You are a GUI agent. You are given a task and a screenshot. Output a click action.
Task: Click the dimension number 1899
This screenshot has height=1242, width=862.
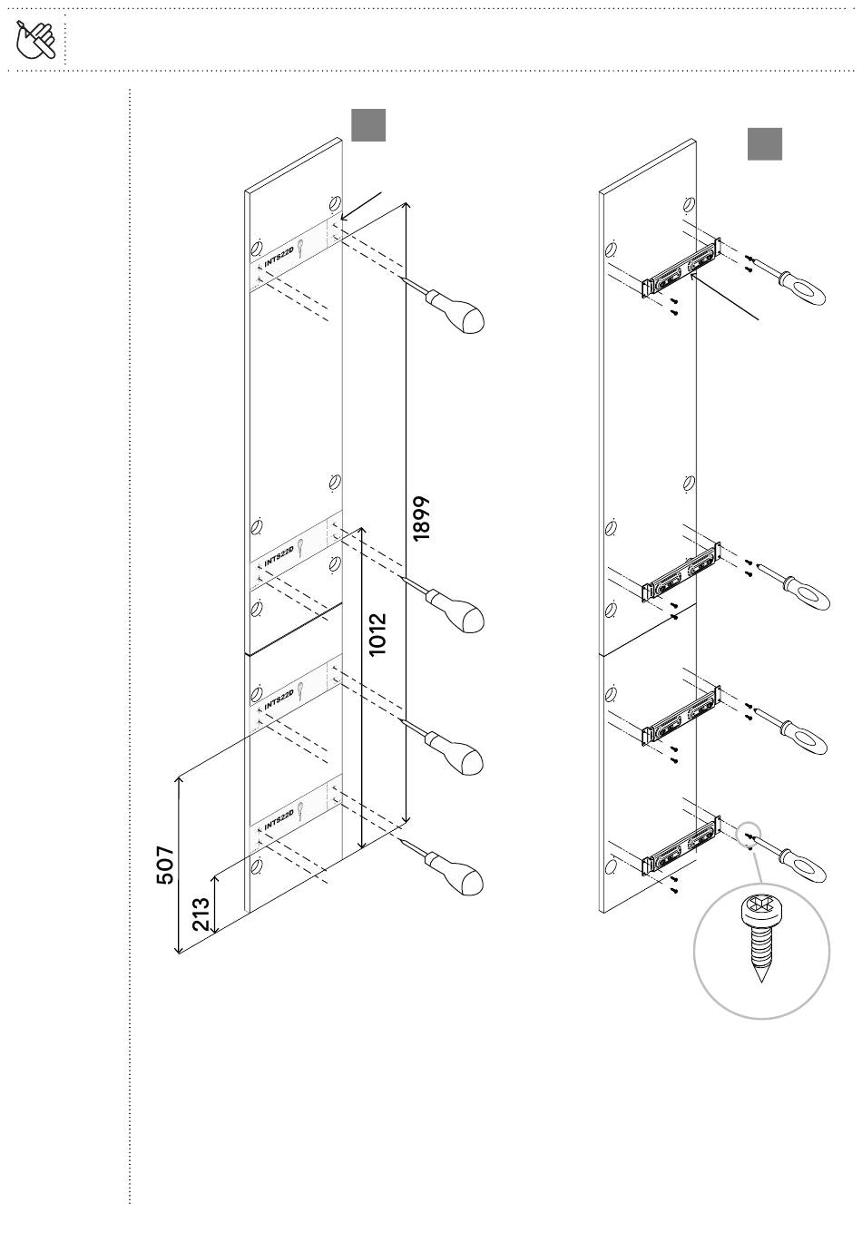click(x=421, y=518)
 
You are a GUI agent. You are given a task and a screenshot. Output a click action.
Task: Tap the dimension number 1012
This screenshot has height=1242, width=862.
click(x=377, y=635)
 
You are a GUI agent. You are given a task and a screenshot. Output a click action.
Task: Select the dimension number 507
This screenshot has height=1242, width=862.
click(x=165, y=865)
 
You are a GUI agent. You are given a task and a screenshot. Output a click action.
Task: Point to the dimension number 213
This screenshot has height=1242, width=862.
click(x=201, y=914)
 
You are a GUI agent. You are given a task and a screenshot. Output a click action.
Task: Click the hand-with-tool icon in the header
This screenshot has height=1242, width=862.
click(x=35, y=39)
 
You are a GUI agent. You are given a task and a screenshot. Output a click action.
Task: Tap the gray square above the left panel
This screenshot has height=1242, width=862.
click(x=368, y=125)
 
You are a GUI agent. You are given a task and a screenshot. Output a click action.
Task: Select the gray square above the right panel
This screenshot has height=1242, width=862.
click(x=764, y=143)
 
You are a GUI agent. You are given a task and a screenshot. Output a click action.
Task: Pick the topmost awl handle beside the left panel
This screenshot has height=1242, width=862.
click(x=456, y=311)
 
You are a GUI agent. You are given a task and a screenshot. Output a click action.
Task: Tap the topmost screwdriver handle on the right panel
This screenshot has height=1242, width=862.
click(x=802, y=288)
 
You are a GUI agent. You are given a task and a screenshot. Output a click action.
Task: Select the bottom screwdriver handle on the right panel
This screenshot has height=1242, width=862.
click(x=802, y=865)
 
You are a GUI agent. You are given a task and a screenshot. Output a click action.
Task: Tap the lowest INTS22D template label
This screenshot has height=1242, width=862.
click(x=279, y=819)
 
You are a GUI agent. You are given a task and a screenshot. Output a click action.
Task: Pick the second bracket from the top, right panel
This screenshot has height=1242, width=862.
click(x=681, y=572)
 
